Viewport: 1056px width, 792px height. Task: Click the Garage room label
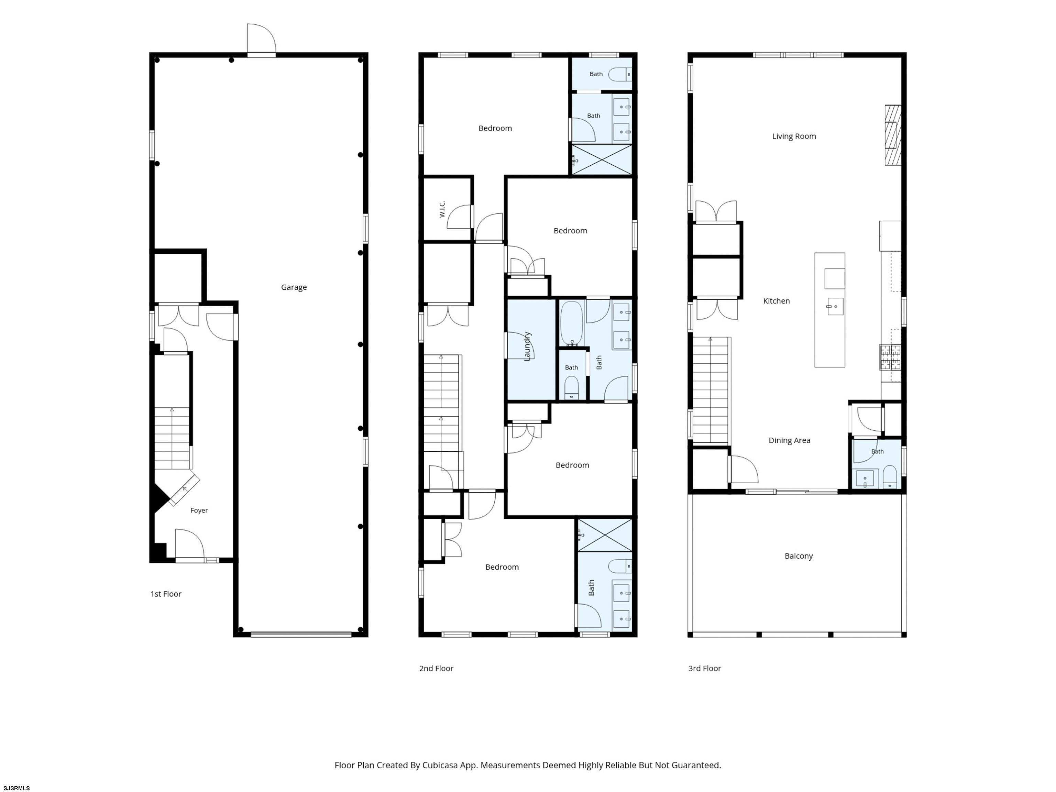pos(294,287)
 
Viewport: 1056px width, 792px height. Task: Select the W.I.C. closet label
pos(442,209)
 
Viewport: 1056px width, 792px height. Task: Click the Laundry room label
pos(527,346)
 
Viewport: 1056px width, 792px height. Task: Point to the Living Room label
pos(794,136)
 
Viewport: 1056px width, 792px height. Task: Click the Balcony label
pos(798,556)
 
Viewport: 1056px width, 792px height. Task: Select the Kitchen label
pos(776,301)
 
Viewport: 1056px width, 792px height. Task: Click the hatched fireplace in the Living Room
pos(893,135)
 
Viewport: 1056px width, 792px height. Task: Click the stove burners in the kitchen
pos(890,357)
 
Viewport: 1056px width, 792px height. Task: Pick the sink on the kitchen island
pos(835,307)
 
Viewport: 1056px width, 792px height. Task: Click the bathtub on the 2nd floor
pos(571,323)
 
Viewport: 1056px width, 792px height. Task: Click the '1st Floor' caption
pos(166,594)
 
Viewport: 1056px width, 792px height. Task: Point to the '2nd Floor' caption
pos(436,668)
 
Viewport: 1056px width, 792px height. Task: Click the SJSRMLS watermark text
pos(17,788)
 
